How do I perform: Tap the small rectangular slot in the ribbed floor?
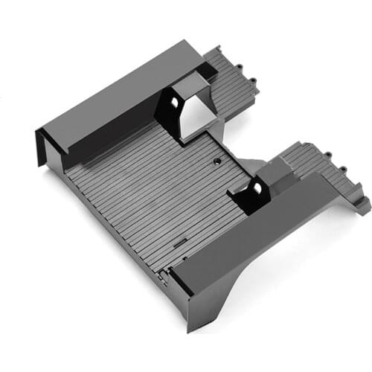(179, 242)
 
